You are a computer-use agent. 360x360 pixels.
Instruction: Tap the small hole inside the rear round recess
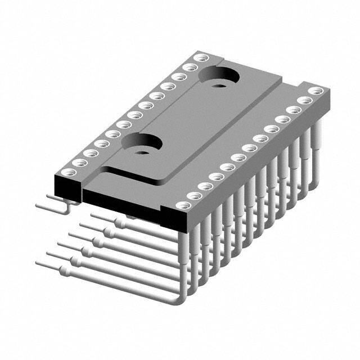tap(219, 83)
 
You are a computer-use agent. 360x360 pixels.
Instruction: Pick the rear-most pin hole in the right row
tap(317, 91)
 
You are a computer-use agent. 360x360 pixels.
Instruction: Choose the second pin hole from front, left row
tap(78, 163)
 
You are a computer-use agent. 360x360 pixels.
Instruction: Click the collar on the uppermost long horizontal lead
tap(120, 223)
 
